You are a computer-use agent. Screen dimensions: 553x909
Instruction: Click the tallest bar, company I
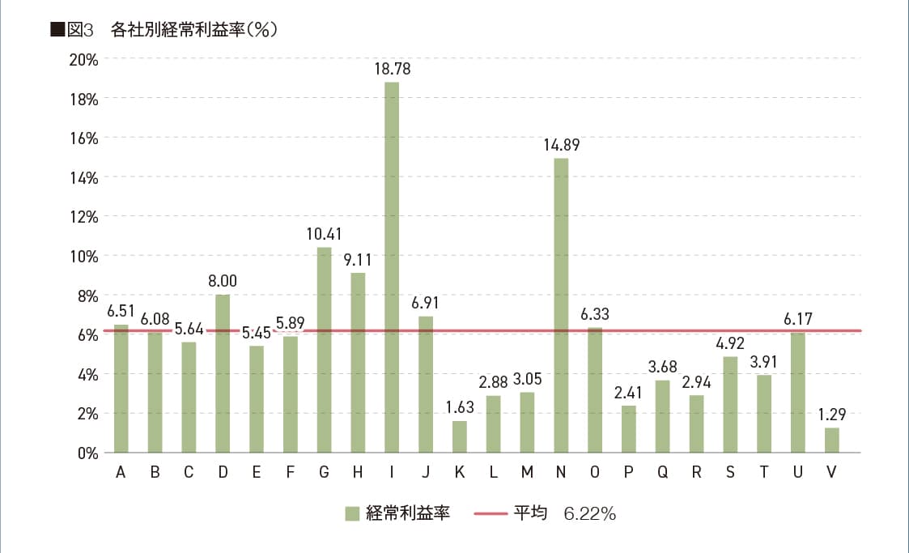pos(392,267)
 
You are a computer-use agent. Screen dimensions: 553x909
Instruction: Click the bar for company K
pos(459,436)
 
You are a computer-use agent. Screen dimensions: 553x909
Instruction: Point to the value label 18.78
pos(392,70)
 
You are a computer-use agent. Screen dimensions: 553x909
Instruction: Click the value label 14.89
pos(561,146)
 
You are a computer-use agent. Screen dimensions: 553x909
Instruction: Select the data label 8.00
pos(223,282)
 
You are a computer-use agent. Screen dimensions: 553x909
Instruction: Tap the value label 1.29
pos(832,415)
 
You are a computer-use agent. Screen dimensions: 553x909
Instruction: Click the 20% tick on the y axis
pos(83,59)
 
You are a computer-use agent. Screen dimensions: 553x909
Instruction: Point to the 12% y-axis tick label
pos(83,216)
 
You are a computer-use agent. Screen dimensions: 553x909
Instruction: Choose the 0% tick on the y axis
pos(87,453)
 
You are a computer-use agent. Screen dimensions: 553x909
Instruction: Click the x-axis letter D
pos(223,474)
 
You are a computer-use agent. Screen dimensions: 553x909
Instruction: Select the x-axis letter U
pos(798,474)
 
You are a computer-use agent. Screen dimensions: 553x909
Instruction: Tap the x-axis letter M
pos(527,474)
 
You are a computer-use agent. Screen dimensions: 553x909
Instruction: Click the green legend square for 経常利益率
pos(351,513)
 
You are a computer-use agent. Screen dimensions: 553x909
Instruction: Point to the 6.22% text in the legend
pos(589,513)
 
